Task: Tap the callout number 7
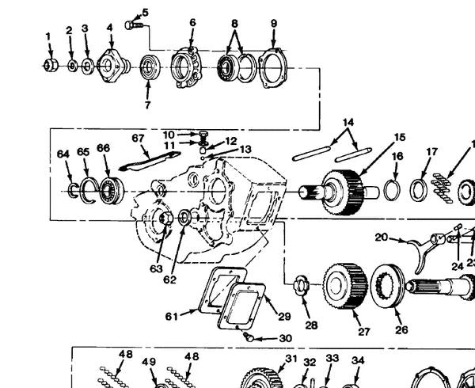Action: (x=147, y=105)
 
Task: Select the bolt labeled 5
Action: (x=134, y=25)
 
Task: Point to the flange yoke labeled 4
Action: (x=113, y=66)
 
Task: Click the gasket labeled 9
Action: (x=272, y=68)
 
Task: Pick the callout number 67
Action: (x=138, y=138)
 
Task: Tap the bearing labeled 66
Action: (x=111, y=191)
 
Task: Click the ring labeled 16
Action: (x=392, y=190)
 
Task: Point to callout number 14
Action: (x=348, y=123)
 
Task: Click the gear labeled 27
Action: (x=345, y=286)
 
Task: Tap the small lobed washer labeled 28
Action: (x=300, y=286)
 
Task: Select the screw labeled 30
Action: (x=249, y=337)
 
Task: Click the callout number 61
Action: (x=172, y=317)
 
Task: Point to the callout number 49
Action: (x=149, y=362)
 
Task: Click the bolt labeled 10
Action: (x=203, y=138)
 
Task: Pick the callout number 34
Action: (x=358, y=360)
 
